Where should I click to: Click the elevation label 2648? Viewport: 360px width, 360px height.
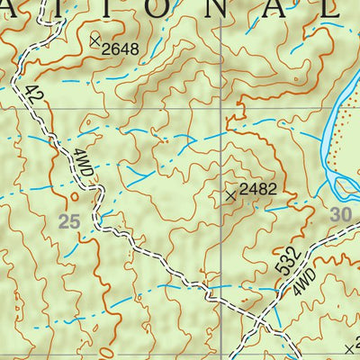121,49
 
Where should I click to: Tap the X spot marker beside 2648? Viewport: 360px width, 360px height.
95,40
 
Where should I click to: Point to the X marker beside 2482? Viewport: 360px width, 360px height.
231,193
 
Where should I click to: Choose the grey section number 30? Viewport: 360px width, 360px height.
339,214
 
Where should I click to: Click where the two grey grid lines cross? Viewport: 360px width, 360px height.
222,107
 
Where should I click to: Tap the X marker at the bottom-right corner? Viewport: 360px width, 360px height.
349,346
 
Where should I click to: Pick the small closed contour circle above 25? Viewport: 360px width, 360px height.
73,194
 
